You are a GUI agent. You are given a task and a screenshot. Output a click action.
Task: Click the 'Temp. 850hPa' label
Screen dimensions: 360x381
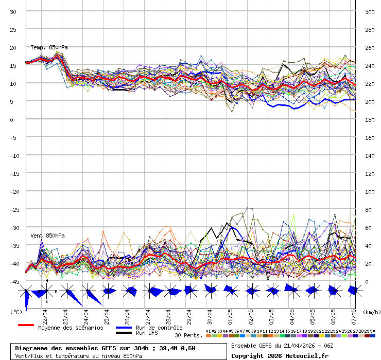point(49,47)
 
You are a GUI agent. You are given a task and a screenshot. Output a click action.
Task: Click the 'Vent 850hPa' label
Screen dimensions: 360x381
point(47,236)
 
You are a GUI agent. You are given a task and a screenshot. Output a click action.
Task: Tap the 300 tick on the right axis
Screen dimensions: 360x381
point(370,11)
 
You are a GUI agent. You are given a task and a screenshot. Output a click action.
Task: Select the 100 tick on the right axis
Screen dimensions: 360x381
point(370,191)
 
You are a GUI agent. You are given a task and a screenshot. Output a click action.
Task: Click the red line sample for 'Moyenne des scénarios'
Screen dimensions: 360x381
point(26,325)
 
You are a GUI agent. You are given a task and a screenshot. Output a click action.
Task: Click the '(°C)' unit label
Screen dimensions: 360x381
point(16,312)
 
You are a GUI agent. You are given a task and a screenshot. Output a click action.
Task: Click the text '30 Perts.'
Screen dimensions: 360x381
point(188,335)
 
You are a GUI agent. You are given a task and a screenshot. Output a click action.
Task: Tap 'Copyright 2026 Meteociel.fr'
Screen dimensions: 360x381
point(280,355)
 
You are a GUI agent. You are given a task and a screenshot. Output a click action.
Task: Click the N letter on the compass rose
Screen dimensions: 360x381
point(46,281)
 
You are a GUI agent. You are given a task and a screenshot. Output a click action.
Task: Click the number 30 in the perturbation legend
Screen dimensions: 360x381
point(372,331)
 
